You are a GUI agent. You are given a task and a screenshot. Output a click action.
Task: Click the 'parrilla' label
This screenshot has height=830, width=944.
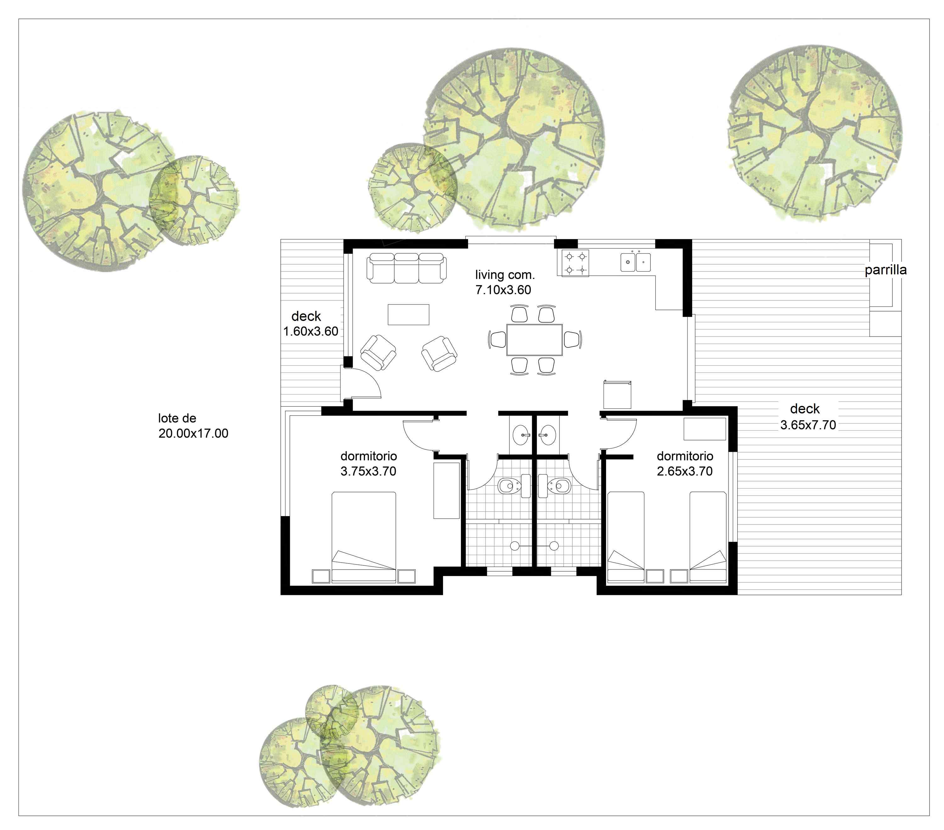[885, 270]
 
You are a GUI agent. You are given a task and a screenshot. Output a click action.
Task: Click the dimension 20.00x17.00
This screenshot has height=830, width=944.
[193, 434]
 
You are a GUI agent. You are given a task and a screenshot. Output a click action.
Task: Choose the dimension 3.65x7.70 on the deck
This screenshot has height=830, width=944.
[808, 425]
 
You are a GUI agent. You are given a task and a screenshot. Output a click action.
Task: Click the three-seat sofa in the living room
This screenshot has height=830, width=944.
[407, 268]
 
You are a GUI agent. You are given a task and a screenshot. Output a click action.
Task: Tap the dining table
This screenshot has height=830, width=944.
[534, 339]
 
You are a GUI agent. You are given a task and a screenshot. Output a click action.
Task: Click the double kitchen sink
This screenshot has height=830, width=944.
[636, 262]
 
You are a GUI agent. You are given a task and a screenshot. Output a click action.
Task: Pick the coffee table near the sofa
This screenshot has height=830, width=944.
[408, 315]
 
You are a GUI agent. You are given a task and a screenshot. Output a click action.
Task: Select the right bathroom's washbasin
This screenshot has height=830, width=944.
[548, 435]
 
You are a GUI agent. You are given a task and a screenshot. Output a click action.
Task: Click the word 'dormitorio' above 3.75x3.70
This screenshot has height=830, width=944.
[368, 456]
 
